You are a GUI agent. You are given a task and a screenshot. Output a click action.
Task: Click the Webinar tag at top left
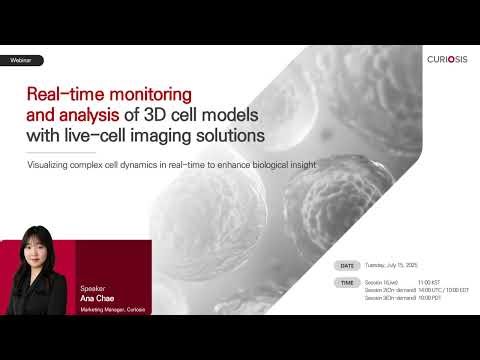20,61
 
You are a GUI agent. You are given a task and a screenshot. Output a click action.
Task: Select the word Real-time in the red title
60,95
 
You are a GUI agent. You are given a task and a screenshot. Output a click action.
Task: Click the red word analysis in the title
89,114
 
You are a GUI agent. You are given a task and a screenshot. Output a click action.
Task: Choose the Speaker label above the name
92,287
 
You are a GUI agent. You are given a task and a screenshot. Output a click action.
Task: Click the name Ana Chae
99,297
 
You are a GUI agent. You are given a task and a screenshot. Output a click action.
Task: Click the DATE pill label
347,266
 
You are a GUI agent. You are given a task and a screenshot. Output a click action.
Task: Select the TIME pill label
347,283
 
